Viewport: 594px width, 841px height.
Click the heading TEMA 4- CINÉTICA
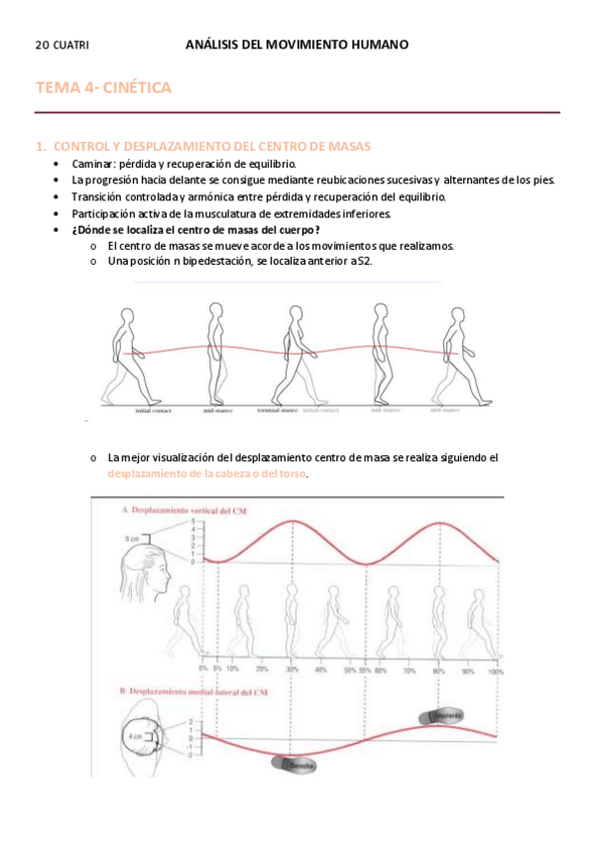pos(103,88)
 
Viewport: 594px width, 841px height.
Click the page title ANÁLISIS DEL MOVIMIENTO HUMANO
pos(297,45)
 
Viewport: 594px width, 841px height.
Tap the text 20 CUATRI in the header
pos(61,46)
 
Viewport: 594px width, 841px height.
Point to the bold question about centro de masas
pos(195,230)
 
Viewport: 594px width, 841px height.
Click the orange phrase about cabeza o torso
pos(207,474)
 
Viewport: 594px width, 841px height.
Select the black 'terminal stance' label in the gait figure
pos(278,410)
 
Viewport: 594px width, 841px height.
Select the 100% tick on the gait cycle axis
pos(496,670)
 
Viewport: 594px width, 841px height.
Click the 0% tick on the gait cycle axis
pos(202,670)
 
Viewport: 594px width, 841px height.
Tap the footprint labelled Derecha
pos(295,765)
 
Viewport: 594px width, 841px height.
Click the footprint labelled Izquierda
pos(444,715)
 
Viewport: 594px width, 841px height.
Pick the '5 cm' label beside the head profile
pos(132,540)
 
